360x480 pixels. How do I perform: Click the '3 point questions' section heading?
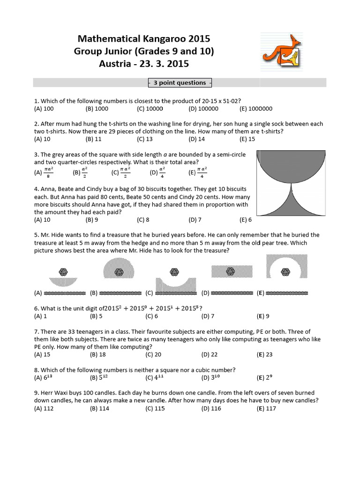[180, 83]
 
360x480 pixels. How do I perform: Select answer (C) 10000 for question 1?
[150, 108]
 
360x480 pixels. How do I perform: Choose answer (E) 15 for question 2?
[247, 139]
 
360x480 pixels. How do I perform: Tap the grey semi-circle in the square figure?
[291, 164]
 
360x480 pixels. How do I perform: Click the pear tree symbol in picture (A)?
[63, 271]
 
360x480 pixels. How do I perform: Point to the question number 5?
[36, 235]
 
